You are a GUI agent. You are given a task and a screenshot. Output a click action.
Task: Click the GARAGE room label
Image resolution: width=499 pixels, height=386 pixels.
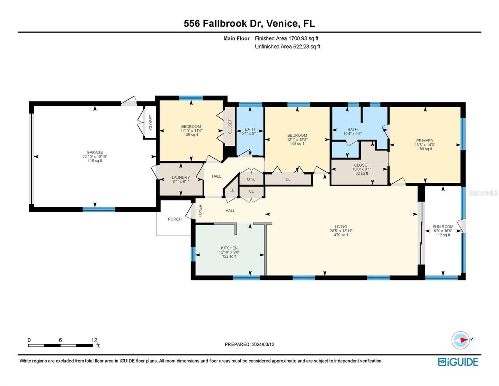point(94,152)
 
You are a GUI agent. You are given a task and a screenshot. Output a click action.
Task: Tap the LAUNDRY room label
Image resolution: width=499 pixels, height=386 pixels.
point(181,177)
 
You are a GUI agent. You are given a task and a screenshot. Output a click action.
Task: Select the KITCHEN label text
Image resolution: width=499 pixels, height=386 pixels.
point(229,248)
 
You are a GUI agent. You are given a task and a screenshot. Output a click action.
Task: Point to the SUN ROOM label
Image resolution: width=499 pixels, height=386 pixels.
point(443,226)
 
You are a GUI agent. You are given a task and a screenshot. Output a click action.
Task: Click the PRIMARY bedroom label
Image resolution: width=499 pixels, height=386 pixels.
point(425,141)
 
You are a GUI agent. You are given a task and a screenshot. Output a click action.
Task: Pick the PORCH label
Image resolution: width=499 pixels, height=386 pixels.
point(174,219)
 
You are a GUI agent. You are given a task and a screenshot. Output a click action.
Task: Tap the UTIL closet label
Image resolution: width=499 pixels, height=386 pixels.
point(251,179)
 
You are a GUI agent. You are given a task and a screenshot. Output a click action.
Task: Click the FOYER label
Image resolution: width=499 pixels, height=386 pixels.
point(200,211)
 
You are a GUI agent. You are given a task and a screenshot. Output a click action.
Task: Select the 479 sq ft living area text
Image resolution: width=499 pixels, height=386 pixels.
point(341,235)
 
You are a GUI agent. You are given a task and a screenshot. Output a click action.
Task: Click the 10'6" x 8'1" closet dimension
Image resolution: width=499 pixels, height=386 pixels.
point(362,169)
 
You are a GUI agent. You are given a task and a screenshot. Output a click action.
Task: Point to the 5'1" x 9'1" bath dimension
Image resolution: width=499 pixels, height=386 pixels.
point(250,133)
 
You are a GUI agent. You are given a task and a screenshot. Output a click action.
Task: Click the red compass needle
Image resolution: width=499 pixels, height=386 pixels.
point(464,340)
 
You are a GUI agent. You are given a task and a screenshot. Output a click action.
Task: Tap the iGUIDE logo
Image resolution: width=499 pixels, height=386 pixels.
point(458,362)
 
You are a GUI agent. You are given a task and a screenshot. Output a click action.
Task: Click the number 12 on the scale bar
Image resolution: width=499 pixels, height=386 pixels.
point(94,340)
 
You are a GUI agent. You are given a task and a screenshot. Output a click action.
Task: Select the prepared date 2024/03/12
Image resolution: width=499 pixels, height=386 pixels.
point(263,345)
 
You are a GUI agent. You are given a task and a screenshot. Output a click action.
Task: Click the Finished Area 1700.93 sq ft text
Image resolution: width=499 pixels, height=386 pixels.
point(287,38)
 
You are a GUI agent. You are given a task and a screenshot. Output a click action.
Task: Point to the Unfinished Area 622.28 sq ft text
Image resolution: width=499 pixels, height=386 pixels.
point(288,46)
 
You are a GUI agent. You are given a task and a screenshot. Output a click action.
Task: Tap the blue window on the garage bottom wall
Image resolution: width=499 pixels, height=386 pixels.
point(99,209)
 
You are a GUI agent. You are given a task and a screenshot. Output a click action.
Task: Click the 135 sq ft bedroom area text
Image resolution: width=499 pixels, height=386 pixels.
point(191,135)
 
